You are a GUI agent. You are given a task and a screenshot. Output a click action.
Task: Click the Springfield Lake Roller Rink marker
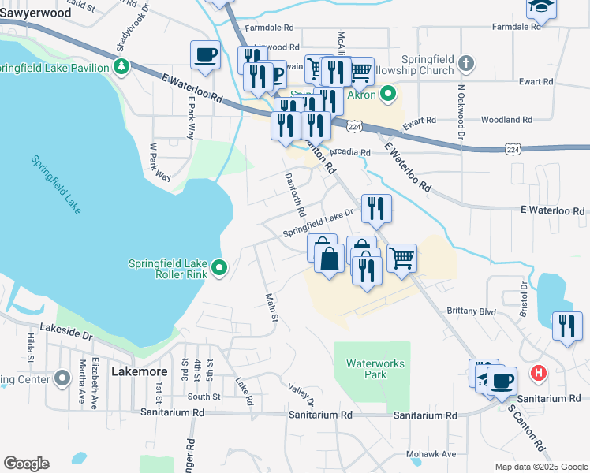[x=220, y=269]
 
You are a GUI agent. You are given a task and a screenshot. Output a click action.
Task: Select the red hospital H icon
[x=539, y=373]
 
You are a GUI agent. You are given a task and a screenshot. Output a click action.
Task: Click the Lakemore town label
[x=138, y=371]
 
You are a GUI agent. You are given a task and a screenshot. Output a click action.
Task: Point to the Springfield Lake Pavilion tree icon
[x=121, y=67]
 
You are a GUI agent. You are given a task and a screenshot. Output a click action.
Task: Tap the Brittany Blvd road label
[x=471, y=311]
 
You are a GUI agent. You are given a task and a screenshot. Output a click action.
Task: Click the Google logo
[x=26, y=464]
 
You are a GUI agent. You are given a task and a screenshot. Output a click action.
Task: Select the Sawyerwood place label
[x=35, y=13]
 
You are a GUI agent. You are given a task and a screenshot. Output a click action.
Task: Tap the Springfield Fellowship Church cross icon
[x=466, y=63]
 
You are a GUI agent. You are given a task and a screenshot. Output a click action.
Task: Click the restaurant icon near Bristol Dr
[x=567, y=326]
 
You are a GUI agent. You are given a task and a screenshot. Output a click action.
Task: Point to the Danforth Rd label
[x=294, y=196]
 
